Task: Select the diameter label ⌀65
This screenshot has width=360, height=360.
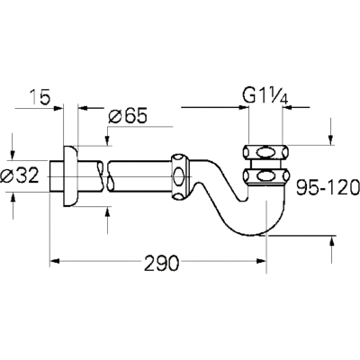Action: point(128,116)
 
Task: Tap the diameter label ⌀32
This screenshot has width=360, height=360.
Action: point(20,175)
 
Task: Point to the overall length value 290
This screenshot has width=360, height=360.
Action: point(161,264)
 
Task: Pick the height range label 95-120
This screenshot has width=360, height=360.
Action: point(328,187)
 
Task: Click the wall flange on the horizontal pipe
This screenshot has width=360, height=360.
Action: point(71,176)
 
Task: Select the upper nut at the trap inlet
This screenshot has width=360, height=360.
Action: point(266,152)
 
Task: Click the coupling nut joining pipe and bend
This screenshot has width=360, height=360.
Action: point(181,176)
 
